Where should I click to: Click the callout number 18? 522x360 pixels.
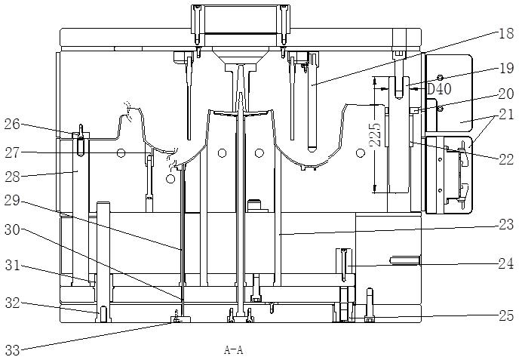pos(506,34)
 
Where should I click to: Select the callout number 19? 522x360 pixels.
pos(506,68)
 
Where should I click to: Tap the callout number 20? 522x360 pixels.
pos(506,94)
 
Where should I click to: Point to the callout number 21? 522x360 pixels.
pos(506,115)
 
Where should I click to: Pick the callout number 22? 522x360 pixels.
pos(506,160)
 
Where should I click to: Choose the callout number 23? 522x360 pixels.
pos(506,225)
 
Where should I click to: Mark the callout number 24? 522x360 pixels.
pos(506,263)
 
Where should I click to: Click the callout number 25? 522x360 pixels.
pos(506,315)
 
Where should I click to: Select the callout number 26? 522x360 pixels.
pos(12,125)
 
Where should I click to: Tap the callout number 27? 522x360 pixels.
pos(12,153)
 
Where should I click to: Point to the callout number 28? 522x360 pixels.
pos(12,177)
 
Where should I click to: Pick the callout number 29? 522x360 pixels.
pos(12,201)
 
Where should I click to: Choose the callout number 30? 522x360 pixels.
pos(12,229)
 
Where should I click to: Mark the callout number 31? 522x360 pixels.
pos(12,266)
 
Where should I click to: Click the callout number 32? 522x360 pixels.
pos(12,303)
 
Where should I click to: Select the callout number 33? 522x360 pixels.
pos(12,350)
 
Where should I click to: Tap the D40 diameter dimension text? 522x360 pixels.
pos(439,89)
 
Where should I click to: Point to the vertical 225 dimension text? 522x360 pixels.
pos(376,135)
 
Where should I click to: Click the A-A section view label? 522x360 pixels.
pos(233,350)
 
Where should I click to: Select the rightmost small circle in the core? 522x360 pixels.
pos(360,153)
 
